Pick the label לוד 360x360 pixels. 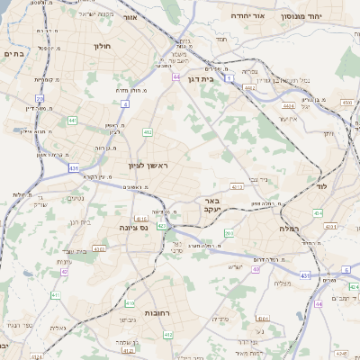coord(322,186)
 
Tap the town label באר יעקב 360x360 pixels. coord(210,204)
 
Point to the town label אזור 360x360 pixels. coord(130,17)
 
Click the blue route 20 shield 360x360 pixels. coord(40,98)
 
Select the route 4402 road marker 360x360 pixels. coord(288,105)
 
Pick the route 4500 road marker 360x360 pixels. coord(347,103)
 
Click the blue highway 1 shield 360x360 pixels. coord(230,80)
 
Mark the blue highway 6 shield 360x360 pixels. coord(345,269)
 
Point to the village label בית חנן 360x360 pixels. coord(80,221)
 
